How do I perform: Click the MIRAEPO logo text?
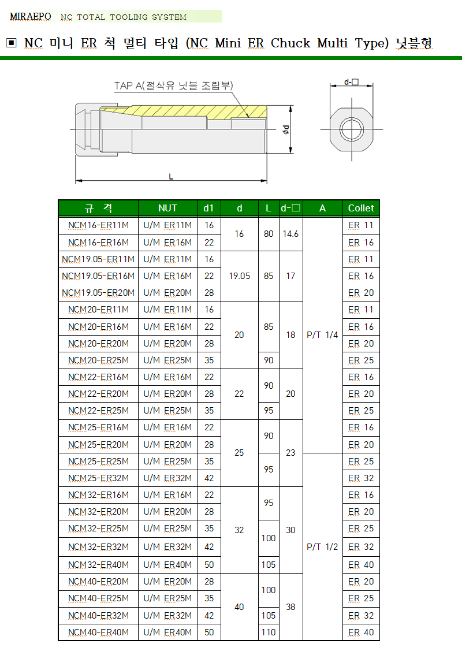(31, 16)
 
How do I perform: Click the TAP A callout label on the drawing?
(173, 85)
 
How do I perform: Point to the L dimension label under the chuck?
(171, 177)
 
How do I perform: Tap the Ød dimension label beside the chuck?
(286, 129)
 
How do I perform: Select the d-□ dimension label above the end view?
(351, 82)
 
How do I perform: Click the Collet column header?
(361, 208)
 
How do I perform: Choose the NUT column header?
(167, 208)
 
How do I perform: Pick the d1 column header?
(208, 208)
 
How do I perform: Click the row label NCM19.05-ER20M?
(98, 293)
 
